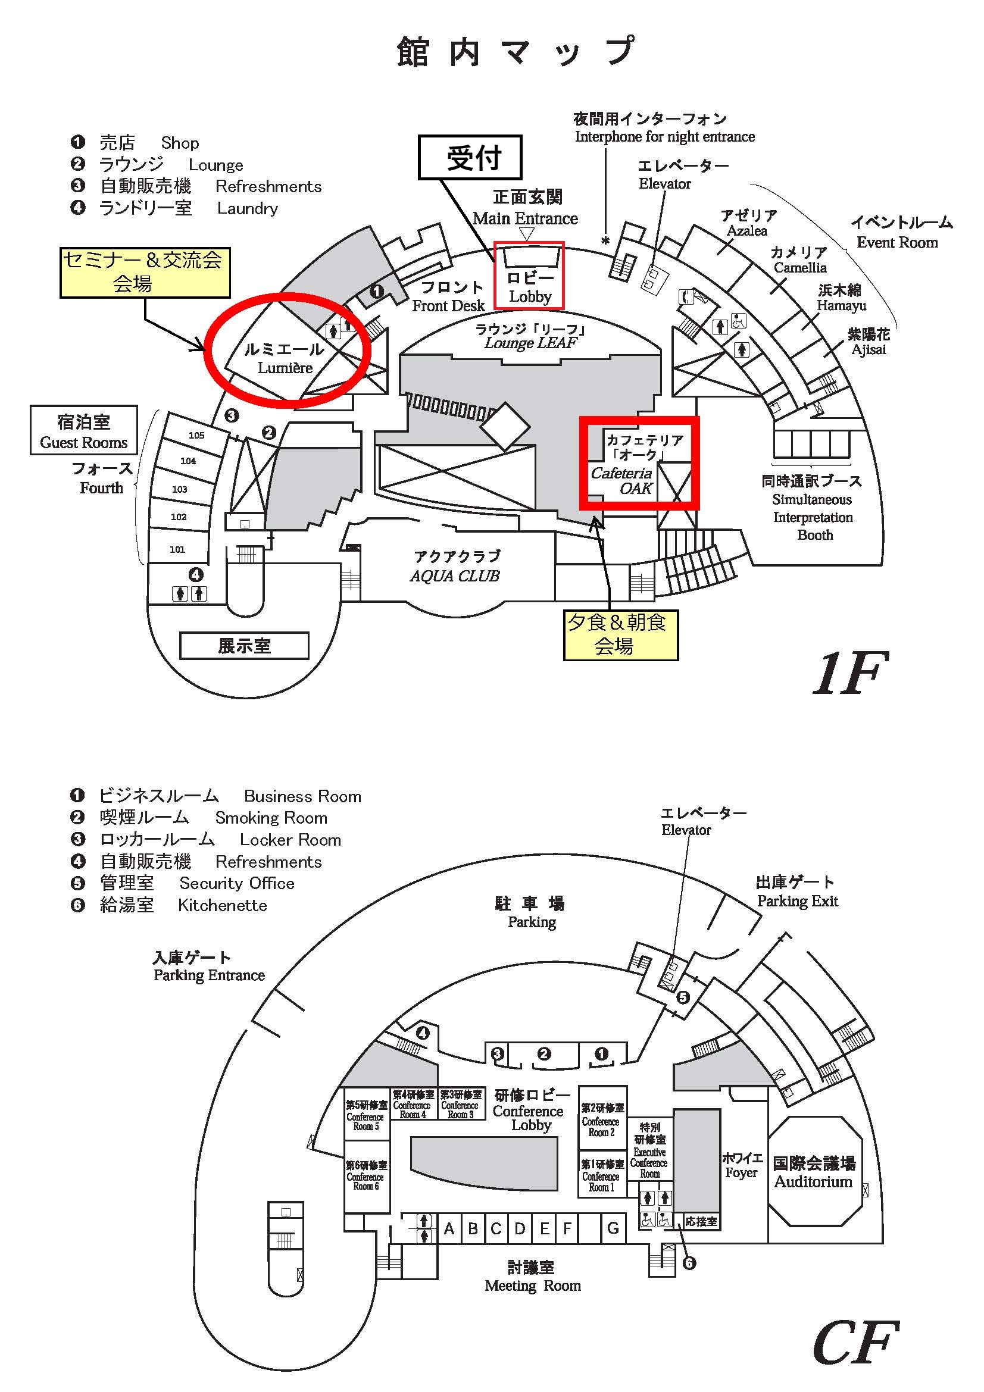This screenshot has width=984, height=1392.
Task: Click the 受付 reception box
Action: point(470,157)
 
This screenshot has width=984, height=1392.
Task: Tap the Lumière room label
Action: point(285,358)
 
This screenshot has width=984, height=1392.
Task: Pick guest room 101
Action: point(177,549)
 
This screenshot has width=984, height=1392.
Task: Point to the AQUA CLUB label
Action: point(455,566)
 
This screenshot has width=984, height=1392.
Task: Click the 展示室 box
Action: point(243,646)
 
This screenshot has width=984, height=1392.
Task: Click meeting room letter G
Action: point(613,1228)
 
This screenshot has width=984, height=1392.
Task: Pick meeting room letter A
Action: point(449,1229)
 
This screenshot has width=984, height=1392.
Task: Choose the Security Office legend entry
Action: point(182,883)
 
